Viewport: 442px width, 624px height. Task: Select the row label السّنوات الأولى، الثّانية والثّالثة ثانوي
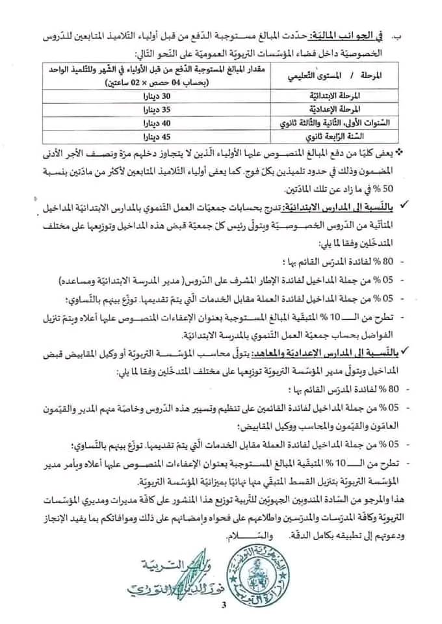(331, 122)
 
